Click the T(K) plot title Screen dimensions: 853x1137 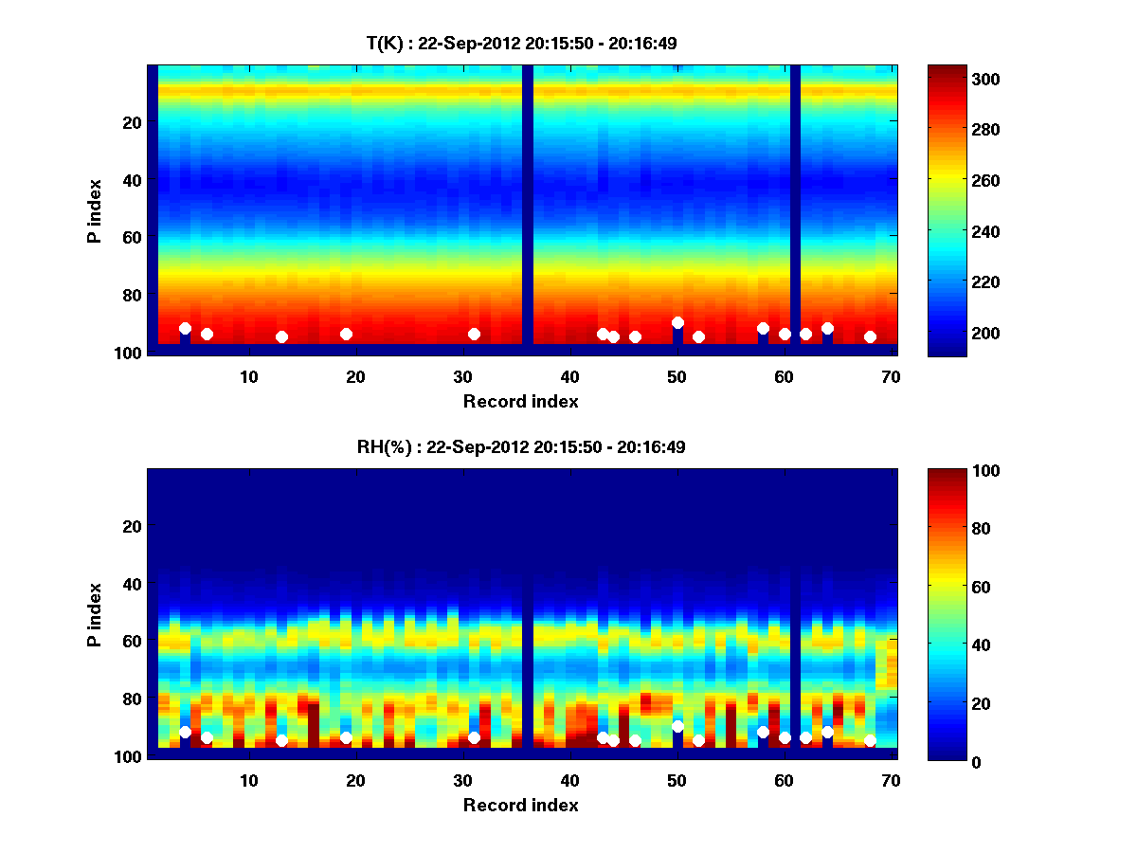(521, 44)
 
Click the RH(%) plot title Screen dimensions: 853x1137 (521, 447)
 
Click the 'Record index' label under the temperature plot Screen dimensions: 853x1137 (521, 401)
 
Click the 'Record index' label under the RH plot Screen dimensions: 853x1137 (521, 805)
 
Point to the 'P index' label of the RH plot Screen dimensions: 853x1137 (95, 614)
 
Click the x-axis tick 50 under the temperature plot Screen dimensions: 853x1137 (677, 376)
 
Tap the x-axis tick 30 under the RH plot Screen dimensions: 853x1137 (462, 780)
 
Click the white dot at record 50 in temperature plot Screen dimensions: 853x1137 (677, 323)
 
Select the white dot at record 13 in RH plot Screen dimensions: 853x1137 (281, 740)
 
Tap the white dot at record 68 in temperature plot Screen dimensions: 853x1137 (870, 336)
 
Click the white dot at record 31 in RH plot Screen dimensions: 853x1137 (474, 737)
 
